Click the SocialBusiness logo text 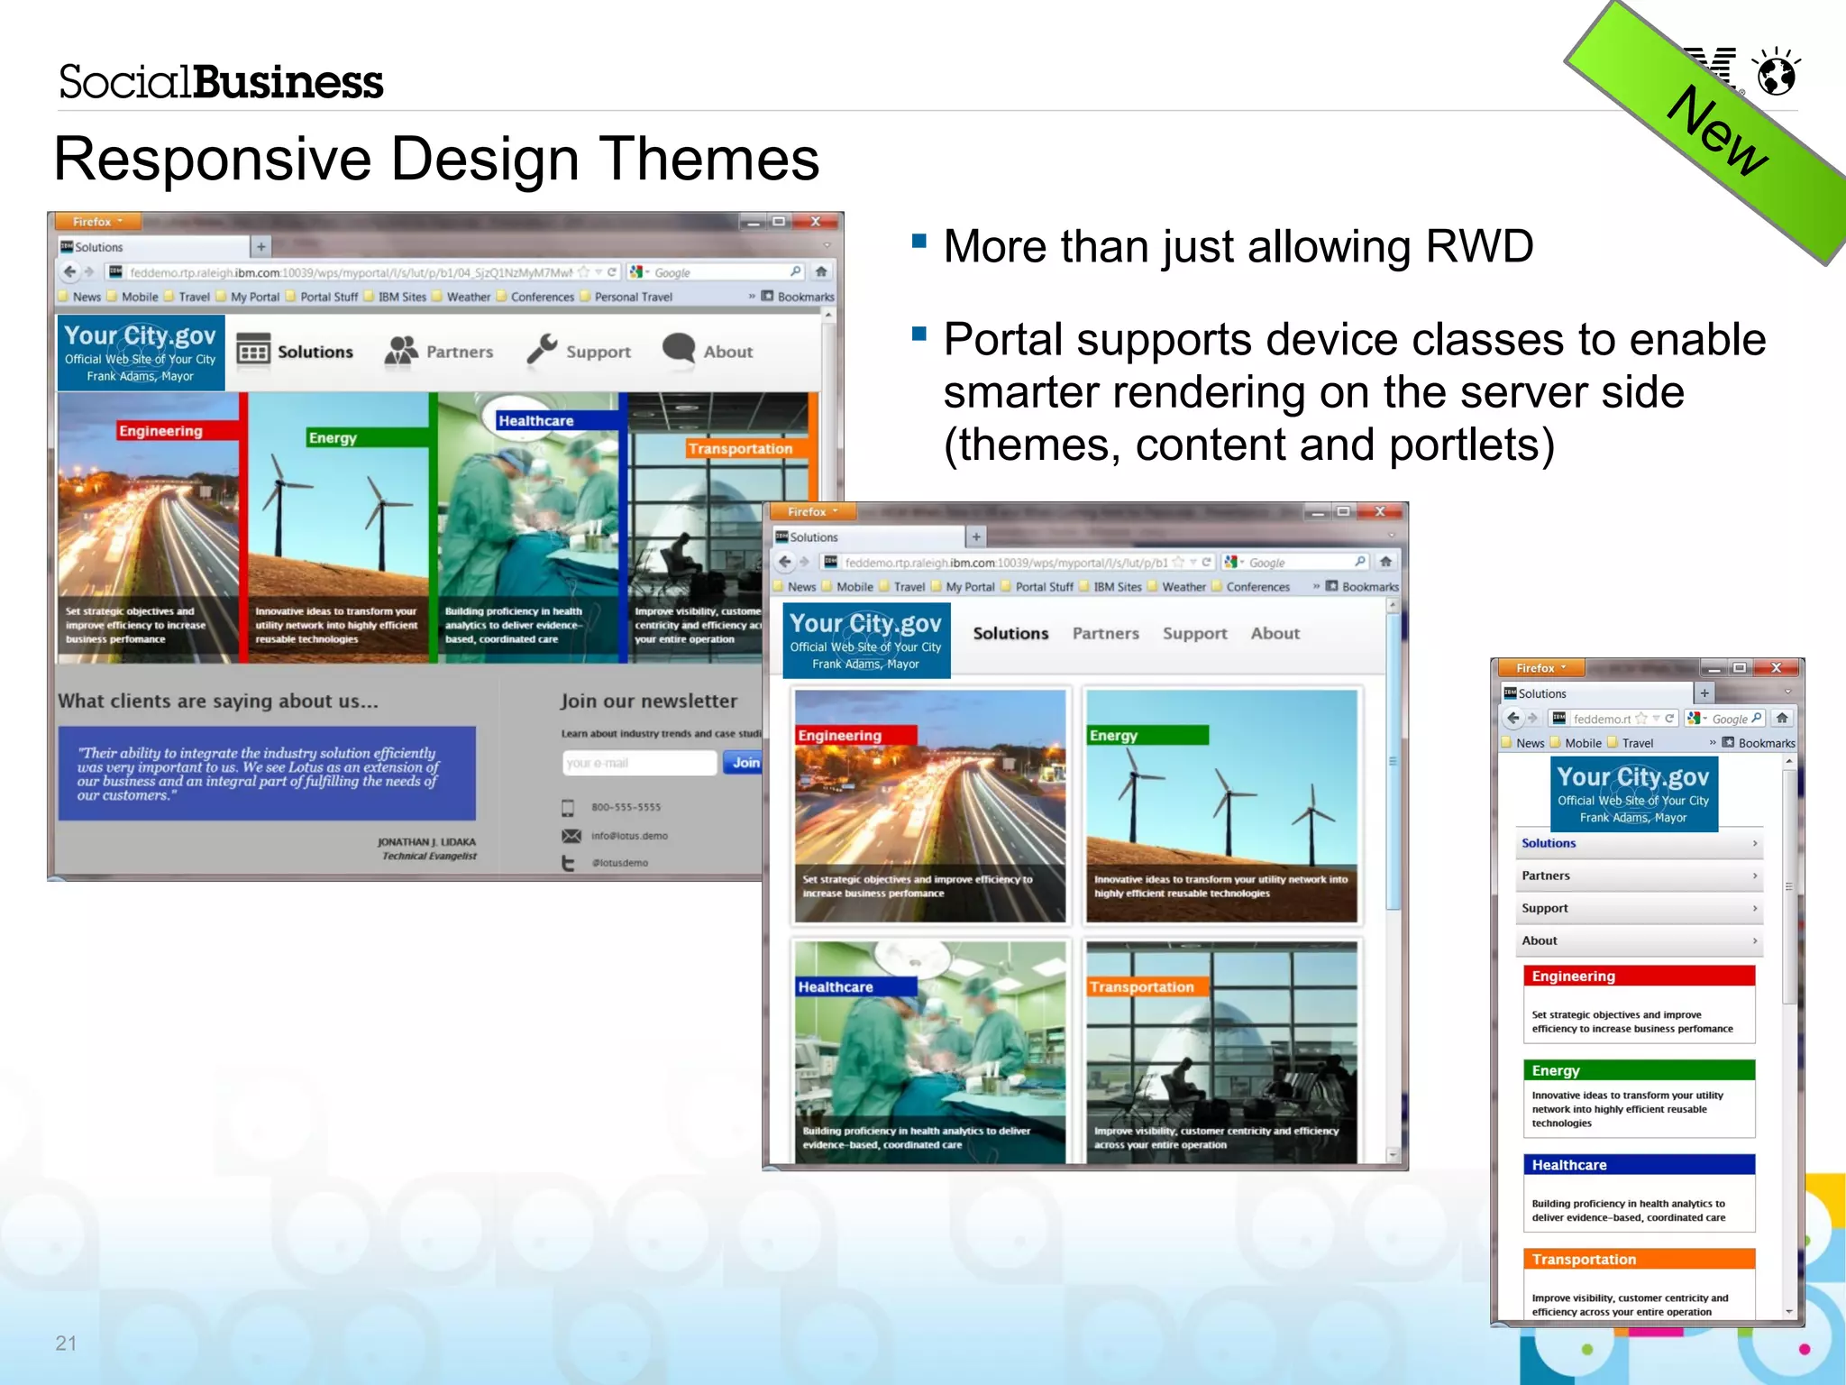[221, 82]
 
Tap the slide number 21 [66, 1343]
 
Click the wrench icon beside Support [542, 350]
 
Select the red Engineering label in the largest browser [160, 431]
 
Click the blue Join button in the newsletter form [745, 763]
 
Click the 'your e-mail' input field [638, 763]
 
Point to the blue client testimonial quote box [267, 773]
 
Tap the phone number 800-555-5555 [626, 807]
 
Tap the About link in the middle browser [1275, 634]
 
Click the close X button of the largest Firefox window [815, 222]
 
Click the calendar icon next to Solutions [253, 350]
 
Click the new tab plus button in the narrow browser [1704, 693]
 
